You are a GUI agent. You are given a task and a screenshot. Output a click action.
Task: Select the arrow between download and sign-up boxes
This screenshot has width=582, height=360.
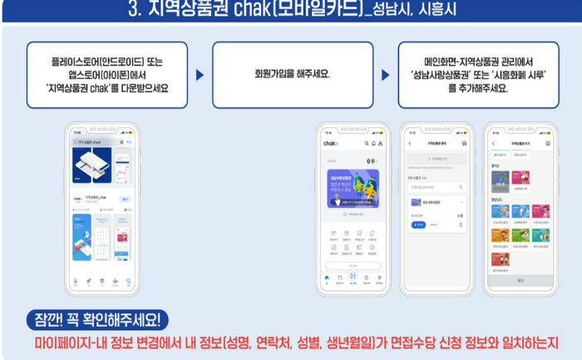[x=200, y=75]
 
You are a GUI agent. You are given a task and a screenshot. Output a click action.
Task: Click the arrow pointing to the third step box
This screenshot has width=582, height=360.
[x=386, y=75]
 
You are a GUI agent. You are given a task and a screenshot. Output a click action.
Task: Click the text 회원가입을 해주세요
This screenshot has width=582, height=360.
[x=292, y=74]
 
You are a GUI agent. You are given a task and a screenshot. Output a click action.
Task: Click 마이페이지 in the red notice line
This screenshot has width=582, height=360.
[x=61, y=343]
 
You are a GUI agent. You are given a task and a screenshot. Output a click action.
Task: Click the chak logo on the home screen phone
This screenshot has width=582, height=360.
[x=332, y=143]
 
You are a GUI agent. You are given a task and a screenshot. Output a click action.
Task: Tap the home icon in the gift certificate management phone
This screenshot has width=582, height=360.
[x=464, y=143]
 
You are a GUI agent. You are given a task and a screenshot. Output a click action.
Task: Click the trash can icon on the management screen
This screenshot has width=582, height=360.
[x=461, y=224]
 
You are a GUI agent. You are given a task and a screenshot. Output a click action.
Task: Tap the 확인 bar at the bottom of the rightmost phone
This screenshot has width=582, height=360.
[x=520, y=281]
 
